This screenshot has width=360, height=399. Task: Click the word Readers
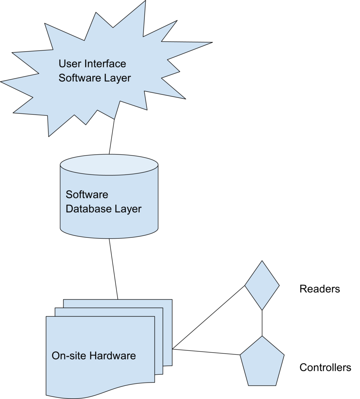tap(319, 289)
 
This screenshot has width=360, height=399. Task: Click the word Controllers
tap(325, 368)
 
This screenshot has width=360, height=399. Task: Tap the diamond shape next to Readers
tap(262, 285)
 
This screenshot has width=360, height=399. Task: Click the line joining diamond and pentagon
tap(262, 323)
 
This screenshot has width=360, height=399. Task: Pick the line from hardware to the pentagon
tap(206, 352)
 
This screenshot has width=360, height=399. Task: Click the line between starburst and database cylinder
tap(111, 137)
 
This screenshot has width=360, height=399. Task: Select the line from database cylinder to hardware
tap(114, 269)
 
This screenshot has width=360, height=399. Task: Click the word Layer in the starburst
tap(118, 78)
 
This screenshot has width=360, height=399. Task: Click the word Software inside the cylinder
tap(87, 194)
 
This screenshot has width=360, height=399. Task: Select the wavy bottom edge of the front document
tap(100, 390)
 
